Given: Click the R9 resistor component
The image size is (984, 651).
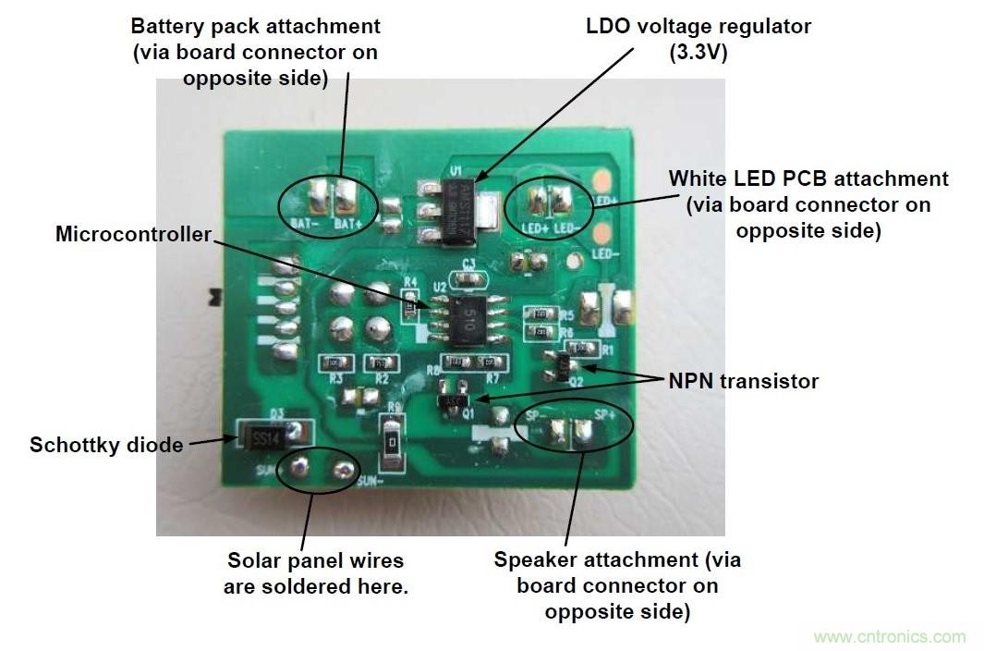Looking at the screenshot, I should click(x=392, y=444).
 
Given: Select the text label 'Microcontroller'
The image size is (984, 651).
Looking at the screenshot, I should click(x=133, y=234).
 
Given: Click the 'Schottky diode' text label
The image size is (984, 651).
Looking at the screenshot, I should click(x=106, y=445).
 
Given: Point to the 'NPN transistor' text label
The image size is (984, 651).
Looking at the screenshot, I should click(x=744, y=381).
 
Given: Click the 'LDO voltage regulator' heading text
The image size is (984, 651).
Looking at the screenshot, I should click(x=699, y=26).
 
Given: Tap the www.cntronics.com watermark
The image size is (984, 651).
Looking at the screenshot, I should click(x=889, y=637).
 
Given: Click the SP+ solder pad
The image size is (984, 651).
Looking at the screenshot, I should click(x=583, y=431).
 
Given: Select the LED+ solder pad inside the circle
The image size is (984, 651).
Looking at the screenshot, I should click(x=535, y=198).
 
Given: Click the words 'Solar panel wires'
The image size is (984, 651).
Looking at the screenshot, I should click(x=315, y=560).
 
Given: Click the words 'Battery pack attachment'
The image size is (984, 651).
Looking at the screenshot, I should click(x=256, y=26).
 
